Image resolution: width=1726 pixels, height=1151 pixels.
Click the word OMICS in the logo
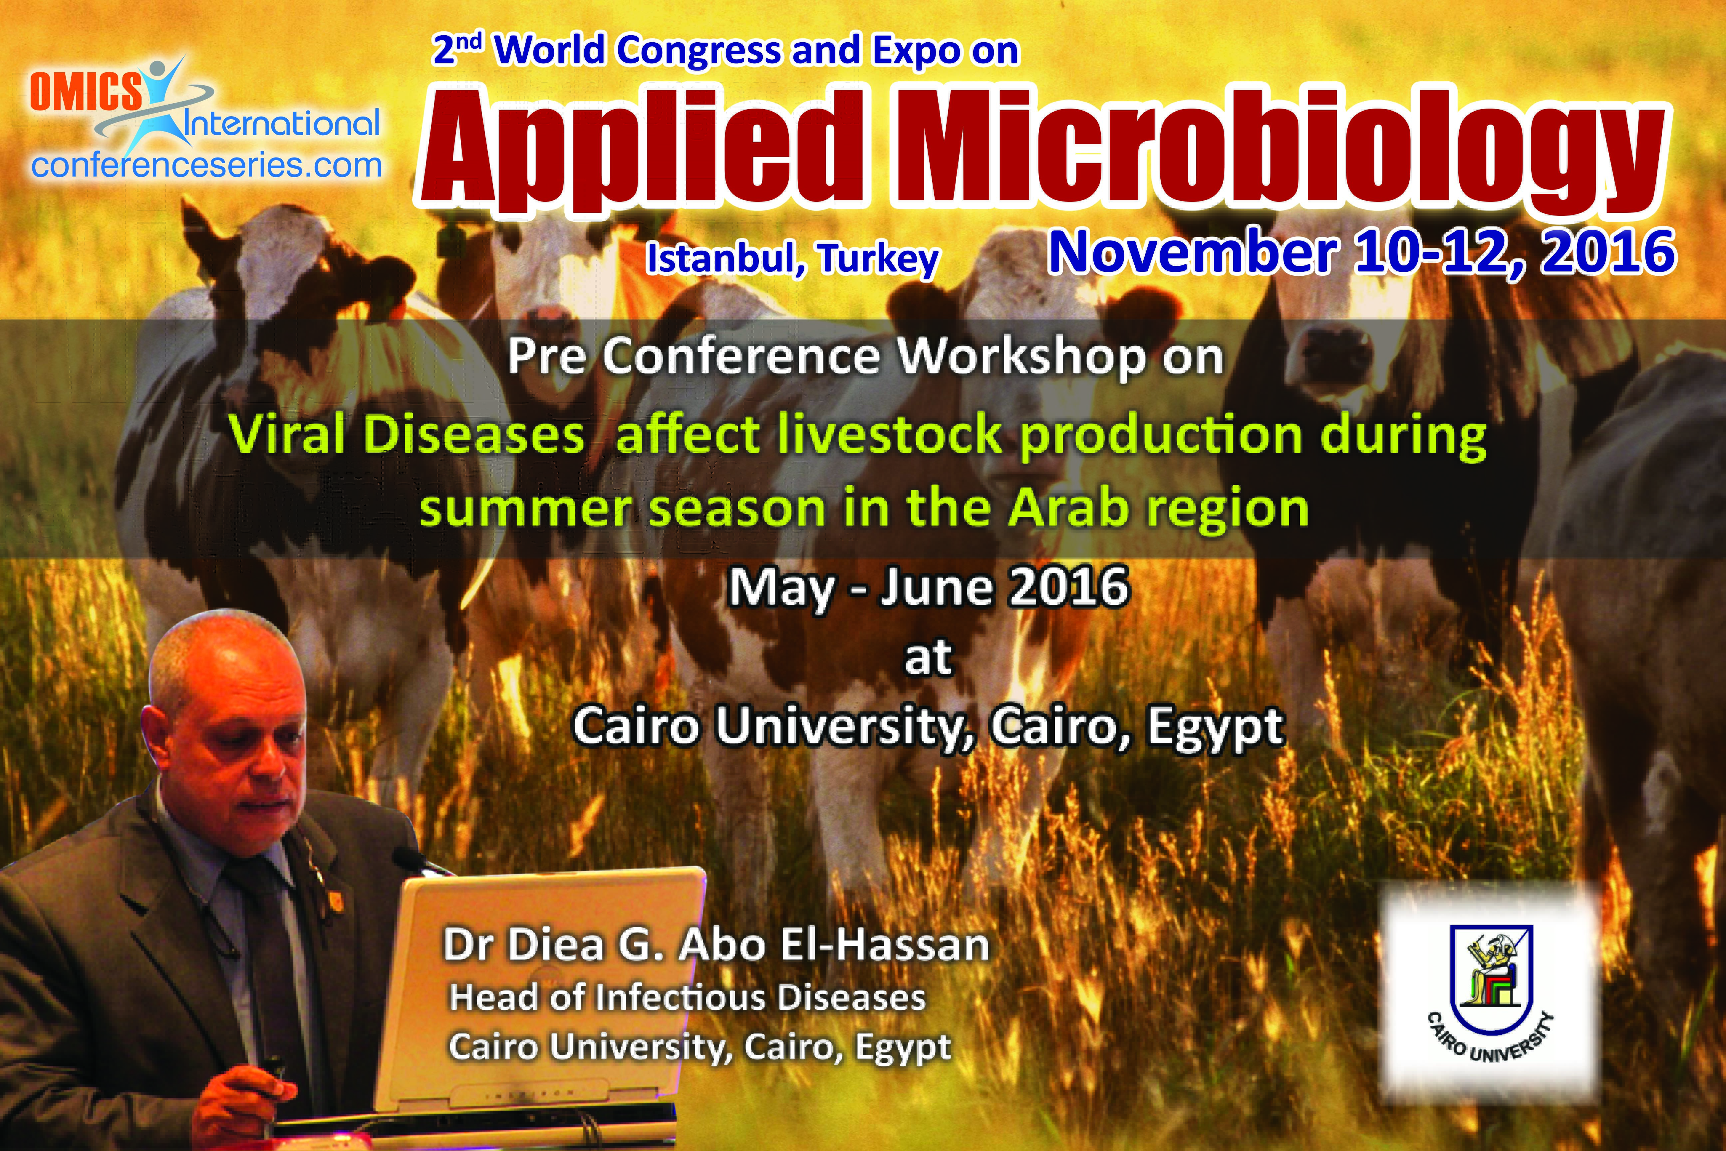point(86,93)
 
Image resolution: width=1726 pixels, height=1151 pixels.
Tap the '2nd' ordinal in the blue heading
point(457,49)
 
